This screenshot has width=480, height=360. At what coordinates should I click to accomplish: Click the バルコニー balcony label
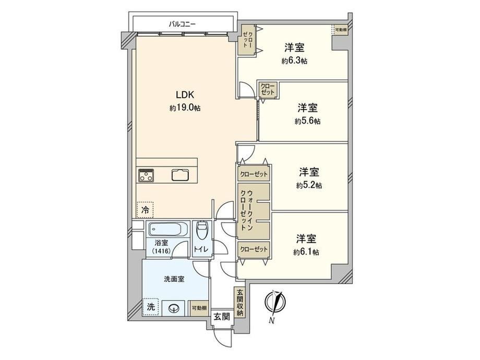[183, 24]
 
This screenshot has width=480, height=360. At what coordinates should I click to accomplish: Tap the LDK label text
[185, 95]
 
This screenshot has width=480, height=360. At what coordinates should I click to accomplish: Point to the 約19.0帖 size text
[185, 108]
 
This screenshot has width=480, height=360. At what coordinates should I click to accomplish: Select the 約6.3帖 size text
[294, 61]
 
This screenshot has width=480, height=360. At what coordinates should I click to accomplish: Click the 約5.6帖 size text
[308, 121]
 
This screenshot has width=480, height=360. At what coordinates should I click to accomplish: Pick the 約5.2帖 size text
[309, 186]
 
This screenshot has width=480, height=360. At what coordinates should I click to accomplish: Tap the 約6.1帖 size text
[306, 252]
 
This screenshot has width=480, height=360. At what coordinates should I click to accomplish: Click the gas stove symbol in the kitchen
[146, 175]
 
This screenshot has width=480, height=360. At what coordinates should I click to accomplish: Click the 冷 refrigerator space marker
[145, 210]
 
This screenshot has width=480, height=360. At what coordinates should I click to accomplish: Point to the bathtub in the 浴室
[169, 229]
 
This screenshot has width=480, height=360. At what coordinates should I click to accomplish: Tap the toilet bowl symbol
[201, 230]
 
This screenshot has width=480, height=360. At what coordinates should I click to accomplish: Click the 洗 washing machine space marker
[150, 307]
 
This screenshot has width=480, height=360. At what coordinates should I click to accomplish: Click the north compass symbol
[274, 302]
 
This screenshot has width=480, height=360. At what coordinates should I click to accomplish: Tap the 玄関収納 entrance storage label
[239, 303]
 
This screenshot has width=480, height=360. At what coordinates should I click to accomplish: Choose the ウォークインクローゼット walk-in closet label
[247, 210]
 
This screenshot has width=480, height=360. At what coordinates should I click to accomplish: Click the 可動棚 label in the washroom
[199, 308]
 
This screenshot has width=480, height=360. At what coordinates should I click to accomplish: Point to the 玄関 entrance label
[222, 317]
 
